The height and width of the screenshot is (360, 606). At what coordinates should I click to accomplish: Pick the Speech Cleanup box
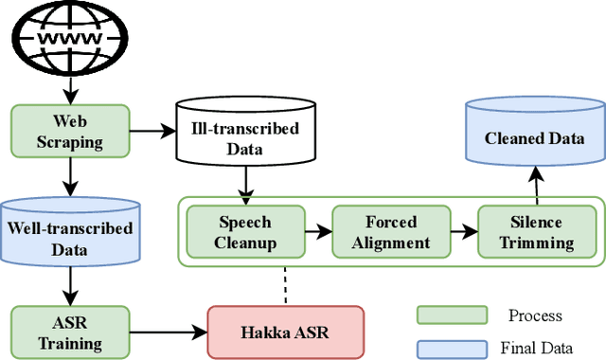pyautogui.click(x=244, y=232)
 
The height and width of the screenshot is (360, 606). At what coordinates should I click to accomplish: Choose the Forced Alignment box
pyautogui.click(x=390, y=232)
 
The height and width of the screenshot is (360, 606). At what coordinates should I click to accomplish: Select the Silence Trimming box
pyautogui.click(x=537, y=232)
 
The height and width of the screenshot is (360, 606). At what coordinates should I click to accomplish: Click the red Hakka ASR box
pyautogui.click(x=286, y=331)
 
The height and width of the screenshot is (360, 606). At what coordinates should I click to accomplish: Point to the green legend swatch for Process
pyautogui.click(x=452, y=315)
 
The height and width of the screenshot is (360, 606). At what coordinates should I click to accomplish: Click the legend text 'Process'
pyautogui.click(x=535, y=315)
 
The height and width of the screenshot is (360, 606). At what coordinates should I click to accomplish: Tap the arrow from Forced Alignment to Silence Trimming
pyautogui.click(x=464, y=230)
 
